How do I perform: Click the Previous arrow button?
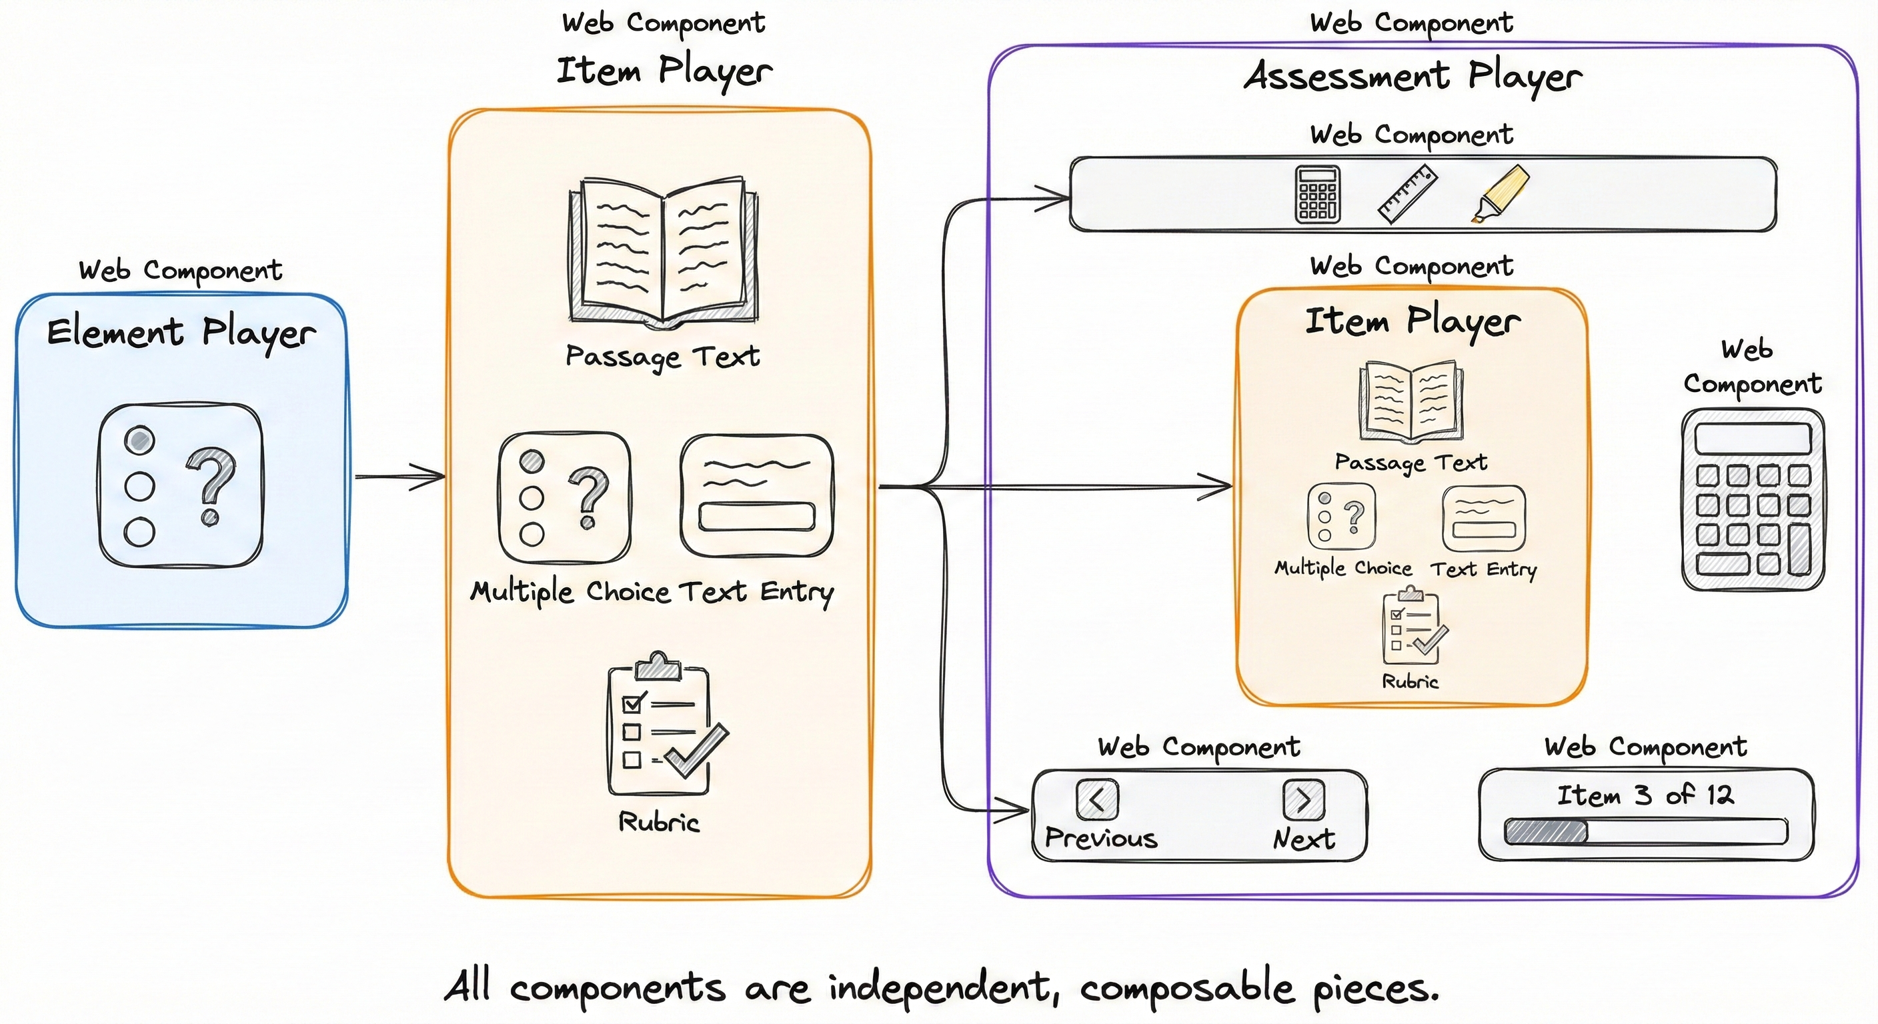pyautogui.click(x=1096, y=799)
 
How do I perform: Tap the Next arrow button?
pyautogui.click(x=1304, y=799)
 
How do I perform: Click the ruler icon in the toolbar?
pyautogui.click(x=1407, y=194)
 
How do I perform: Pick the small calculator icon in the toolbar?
pyautogui.click(x=1317, y=194)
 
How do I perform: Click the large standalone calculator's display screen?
pyautogui.click(x=1753, y=439)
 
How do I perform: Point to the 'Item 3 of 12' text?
pyautogui.click(x=1645, y=795)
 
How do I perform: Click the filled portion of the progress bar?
pyautogui.click(x=1547, y=831)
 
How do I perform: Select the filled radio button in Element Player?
pyautogui.click(x=139, y=439)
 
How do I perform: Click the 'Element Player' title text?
pyautogui.click(x=181, y=333)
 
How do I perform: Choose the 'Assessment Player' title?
pyautogui.click(x=1413, y=77)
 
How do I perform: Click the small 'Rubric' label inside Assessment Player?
pyautogui.click(x=1410, y=681)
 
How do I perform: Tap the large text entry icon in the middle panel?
pyautogui.click(x=756, y=495)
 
